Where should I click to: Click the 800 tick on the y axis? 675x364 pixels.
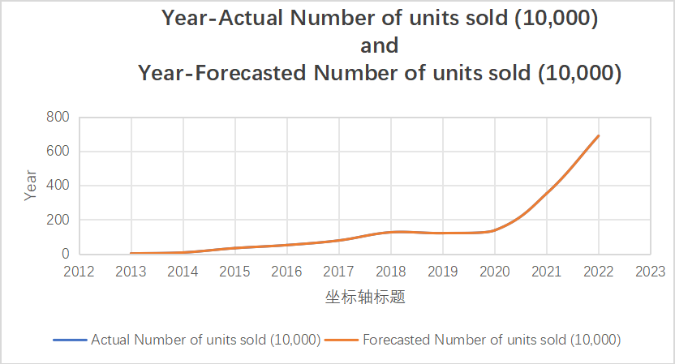pos(57,118)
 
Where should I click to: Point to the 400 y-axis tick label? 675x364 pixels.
pos(57,186)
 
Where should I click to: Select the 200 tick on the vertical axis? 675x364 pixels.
pos(57,220)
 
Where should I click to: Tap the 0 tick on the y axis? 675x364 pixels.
pos(65,254)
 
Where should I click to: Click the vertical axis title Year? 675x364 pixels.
pos(30,186)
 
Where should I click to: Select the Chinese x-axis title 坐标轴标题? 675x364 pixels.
pos(364,297)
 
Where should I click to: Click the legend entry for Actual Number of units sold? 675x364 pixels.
pos(205,340)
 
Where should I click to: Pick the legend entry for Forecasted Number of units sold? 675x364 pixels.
pos(492,340)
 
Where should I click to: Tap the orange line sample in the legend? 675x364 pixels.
pos(342,340)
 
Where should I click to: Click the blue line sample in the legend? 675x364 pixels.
pos(70,340)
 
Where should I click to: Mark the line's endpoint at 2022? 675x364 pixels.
pos(599,135)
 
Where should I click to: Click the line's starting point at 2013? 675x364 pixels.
pos(131,253)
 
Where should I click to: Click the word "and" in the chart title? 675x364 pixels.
pos(380,45)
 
